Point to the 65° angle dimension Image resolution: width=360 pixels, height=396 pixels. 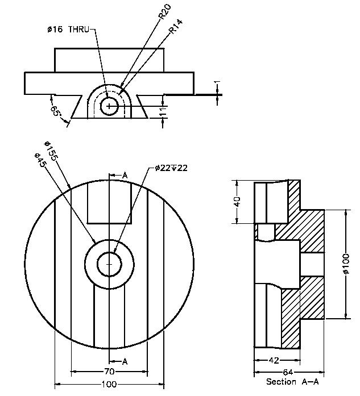coord(56,110)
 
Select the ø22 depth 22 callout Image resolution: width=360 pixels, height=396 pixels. coord(171,168)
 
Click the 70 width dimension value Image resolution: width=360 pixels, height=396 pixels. coord(110,372)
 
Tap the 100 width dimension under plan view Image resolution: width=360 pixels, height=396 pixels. coord(109,385)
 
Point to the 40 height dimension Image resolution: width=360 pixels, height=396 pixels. coord(238,202)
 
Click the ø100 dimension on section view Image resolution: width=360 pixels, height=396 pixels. coord(346,265)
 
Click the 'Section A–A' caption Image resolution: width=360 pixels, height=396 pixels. coord(289,382)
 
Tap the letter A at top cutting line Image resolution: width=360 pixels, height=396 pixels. coord(125,176)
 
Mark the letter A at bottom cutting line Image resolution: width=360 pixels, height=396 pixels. coord(125,361)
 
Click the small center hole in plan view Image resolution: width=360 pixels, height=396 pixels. coord(109,264)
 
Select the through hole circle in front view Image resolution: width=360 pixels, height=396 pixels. coord(110,106)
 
